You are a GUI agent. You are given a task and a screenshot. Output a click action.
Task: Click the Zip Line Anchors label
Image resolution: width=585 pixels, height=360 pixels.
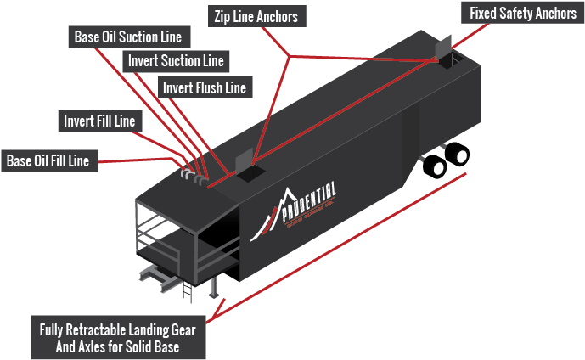pos(257,16)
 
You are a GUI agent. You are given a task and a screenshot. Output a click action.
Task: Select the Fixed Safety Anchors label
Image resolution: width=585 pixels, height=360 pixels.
pos(522,14)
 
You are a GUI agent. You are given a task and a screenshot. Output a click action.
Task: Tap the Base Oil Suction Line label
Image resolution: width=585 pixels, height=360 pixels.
pos(128,37)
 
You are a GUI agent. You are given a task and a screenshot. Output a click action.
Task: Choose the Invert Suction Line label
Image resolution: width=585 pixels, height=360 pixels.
pos(176,61)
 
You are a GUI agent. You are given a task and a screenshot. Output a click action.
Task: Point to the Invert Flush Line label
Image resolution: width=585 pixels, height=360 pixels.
pos(204,87)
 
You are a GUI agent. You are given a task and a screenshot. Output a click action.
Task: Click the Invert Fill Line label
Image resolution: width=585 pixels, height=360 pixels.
pos(98,121)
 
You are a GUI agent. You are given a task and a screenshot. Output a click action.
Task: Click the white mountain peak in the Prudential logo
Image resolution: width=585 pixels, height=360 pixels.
pos(286,194)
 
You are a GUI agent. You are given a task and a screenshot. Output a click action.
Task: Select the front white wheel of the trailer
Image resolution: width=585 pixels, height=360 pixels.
pos(439,168)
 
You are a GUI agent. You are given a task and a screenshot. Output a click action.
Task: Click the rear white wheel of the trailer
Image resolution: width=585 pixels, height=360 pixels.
pos(462,156)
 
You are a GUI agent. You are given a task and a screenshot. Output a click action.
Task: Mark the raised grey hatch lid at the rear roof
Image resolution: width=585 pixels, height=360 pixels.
pos(443,48)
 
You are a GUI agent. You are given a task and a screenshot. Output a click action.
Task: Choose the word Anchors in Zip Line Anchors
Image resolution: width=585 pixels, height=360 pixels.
pos(279,16)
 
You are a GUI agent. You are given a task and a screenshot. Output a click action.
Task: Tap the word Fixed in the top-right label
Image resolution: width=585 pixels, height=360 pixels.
pos(485,14)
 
